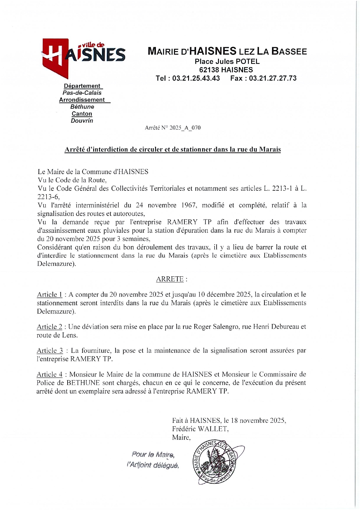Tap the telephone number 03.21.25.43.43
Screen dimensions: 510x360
pyautogui.click(x=196, y=78)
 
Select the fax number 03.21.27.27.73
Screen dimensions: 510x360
pyautogui.click(x=273, y=78)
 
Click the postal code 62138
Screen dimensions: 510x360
pyautogui.click(x=209, y=70)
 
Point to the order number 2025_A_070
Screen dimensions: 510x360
pyautogui.click(x=185, y=128)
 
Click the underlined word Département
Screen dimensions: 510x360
pyautogui.click(x=82, y=86)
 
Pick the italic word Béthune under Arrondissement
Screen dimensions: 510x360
pyautogui.click(x=82, y=107)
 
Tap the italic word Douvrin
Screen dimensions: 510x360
pyautogui.click(x=82, y=121)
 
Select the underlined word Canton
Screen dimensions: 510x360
pyautogui.click(x=82, y=114)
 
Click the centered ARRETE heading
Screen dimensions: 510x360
pyautogui.click(x=170, y=279)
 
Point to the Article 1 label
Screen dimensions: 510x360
pyautogui.click(x=49, y=294)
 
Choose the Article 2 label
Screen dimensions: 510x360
pyautogui.click(x=49, y=327)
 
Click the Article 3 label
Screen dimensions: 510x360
pyautogui.click(x=50, y=350)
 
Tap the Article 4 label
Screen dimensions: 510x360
pyautogui.click(x=49, y=374)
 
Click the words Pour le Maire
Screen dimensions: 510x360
pyautogui.click(x=153, y=454)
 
